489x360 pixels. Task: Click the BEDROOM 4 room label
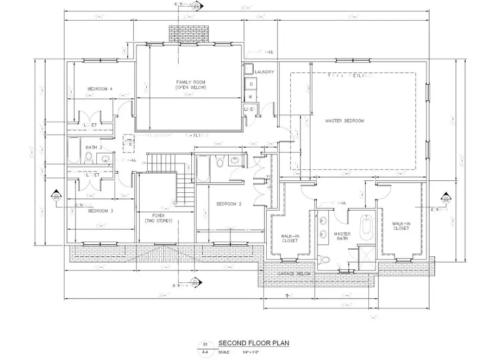tap(100, 89)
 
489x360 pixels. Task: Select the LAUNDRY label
tap(264, 72)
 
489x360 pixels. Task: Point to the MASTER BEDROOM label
tap(344, 121)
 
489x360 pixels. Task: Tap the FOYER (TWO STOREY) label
tap(159, 218)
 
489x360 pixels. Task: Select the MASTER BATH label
tap(342, 237)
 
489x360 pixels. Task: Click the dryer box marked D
tap(252, 85)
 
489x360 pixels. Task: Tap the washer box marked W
tap(251, 97)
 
